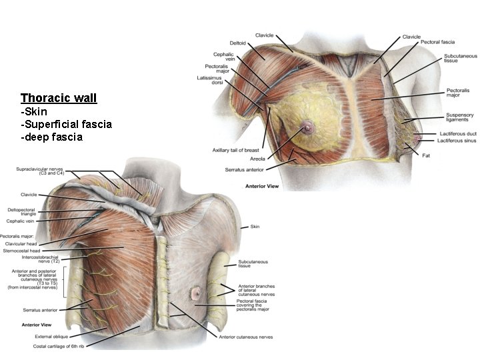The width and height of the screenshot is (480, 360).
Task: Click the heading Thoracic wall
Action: tap(59, 98)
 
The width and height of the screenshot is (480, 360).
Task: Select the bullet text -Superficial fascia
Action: tap(66, 124)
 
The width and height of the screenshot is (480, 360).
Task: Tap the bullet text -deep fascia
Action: tap(51, 137)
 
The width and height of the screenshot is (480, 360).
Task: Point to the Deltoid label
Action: tap(238, 43)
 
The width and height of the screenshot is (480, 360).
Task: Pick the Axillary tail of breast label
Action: tap(236, 150)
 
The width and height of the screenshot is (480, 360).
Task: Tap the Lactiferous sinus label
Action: tap(457, 141)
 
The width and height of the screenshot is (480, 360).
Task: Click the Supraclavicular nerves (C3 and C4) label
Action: tap(39, 171)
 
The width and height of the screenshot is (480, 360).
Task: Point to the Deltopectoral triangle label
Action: tap(23, 212)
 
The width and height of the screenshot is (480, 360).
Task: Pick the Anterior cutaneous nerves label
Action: tap(245, 337)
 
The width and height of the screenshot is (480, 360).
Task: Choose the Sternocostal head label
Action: tap(21, 251)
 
